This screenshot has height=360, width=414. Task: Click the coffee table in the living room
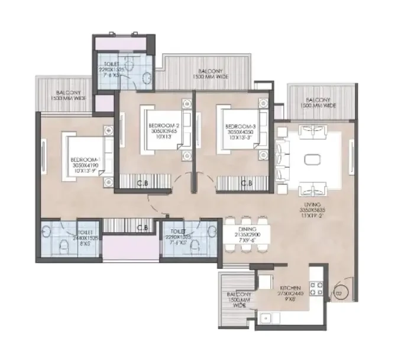point(312,159)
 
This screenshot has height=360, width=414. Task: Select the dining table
point(245,235)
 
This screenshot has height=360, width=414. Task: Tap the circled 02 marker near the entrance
point(339,291)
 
